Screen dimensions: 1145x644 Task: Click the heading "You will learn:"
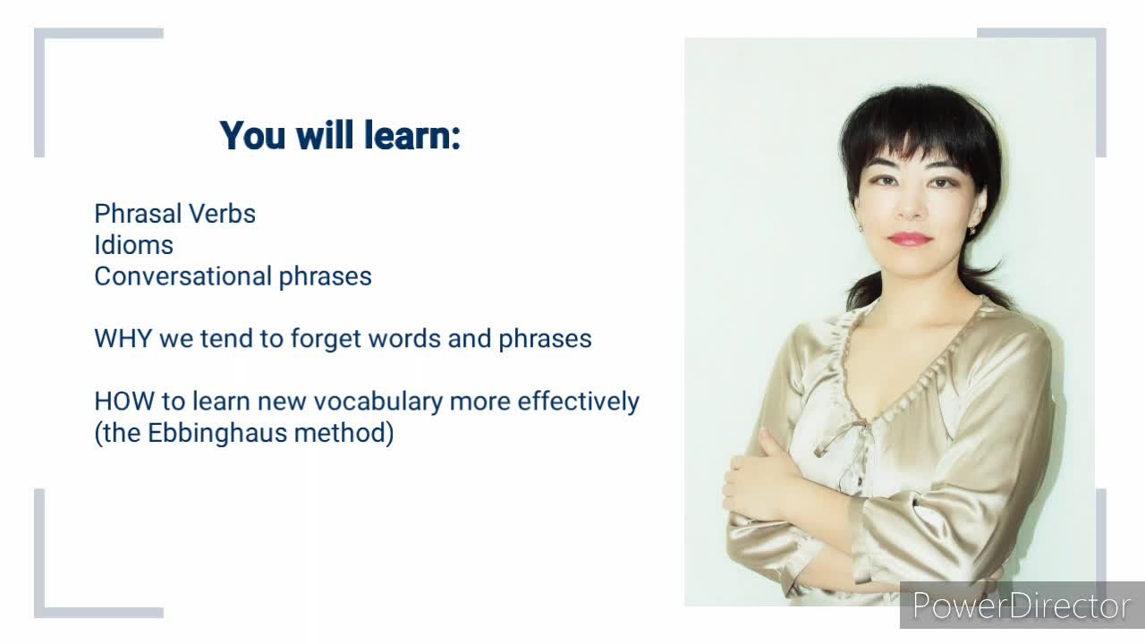341,135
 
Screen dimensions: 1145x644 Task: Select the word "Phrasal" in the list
139,214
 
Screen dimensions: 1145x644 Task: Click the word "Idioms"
134,245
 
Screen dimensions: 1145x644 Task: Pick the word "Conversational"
183,276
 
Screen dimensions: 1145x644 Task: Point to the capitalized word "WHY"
123,339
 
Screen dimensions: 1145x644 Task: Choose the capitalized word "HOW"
124,402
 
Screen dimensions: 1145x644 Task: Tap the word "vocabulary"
378,402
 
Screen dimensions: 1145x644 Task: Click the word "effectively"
578,402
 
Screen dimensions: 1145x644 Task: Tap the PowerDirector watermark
1022,606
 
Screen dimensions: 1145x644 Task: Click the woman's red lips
910,239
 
